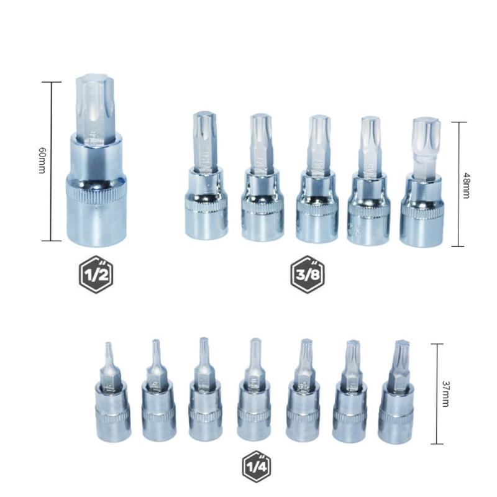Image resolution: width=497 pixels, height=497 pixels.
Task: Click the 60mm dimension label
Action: click(x=42, y=160)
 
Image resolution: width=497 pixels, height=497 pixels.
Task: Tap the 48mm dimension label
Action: click(x=466, y=184)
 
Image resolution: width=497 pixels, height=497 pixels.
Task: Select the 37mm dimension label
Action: click(x=445, y=393)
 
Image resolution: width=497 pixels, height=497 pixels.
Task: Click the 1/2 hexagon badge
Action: click(x=97, y=274)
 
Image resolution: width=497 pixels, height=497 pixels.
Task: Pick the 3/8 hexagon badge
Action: click(x=308, y=274)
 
